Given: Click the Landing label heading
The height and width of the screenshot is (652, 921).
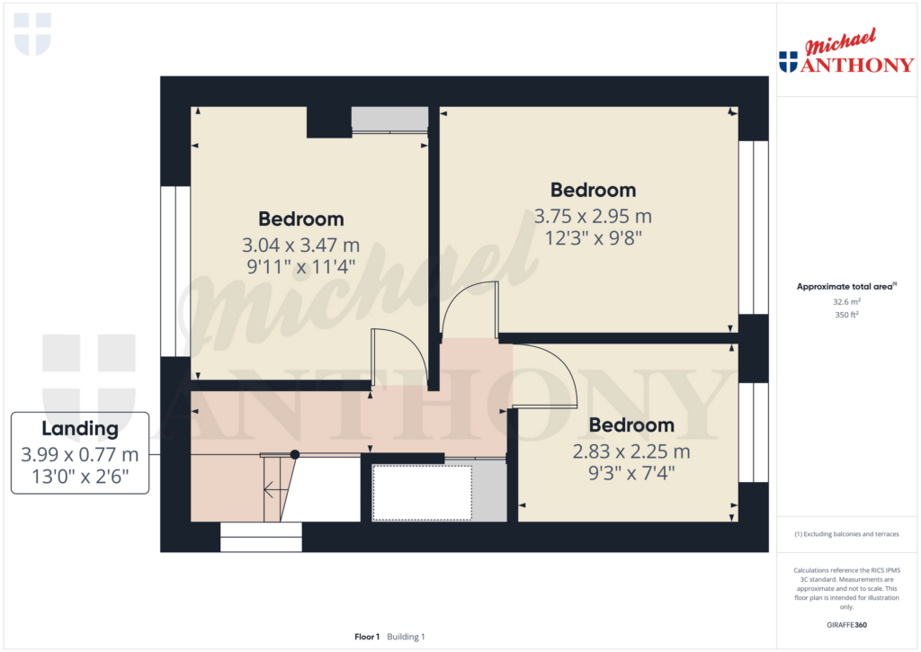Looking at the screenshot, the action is click(80, 429).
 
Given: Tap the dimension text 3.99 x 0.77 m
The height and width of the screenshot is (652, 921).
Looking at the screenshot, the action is click(80, 454).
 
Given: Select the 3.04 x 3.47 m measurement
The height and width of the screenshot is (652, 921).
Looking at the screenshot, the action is click(300, 245).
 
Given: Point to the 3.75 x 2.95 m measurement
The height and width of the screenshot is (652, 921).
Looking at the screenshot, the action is click(593, 216).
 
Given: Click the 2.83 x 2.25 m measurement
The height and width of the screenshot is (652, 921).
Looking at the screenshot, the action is click(631, 451).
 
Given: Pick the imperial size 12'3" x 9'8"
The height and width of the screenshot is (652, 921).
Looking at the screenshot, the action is click(594, 238).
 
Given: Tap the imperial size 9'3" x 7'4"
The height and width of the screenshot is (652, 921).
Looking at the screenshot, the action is click(631, 472).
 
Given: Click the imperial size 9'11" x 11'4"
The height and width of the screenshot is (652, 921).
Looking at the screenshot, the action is click(300, 267).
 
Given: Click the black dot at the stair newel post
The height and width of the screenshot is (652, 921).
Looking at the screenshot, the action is click(295, 454).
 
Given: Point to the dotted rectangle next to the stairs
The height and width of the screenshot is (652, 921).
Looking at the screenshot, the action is click(423, 493).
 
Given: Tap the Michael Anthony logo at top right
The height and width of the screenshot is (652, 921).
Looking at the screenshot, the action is click(845, 51).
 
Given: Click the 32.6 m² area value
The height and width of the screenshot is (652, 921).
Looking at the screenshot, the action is click(846, 302).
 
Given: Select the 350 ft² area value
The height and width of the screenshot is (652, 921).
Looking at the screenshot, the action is click(846, 315).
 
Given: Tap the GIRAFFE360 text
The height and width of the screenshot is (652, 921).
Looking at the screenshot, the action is click(846, 625).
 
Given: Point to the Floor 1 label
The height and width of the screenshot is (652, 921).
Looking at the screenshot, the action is click(367, 637).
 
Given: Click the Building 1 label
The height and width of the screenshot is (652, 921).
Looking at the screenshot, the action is click(406, 637).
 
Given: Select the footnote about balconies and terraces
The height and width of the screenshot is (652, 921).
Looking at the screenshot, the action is click(846, 534).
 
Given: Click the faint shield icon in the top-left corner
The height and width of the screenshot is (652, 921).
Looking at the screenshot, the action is click(32, 34).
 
